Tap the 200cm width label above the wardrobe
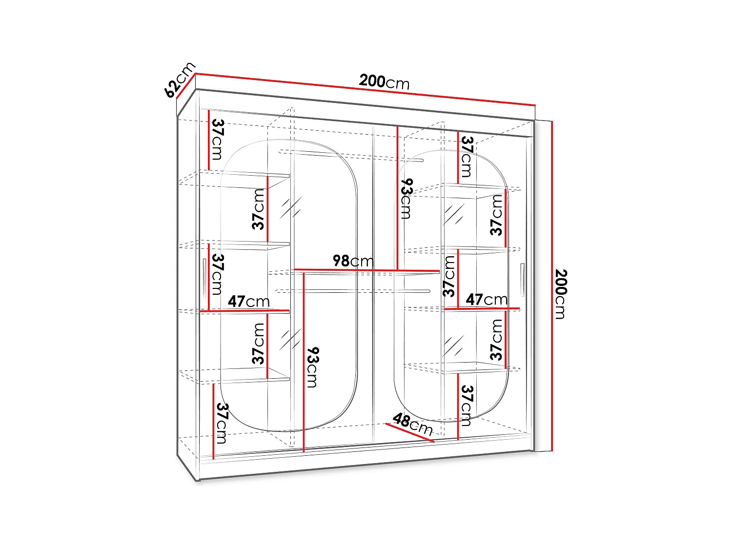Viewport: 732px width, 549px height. tap(384, 81)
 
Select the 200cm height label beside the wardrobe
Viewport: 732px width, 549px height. tap(561, 294)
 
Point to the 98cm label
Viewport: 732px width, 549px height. tap(353, 261)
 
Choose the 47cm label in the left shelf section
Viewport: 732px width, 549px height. tap(248, 302)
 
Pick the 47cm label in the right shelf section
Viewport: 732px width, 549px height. tap(487, 299)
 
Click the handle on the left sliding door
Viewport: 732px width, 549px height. tap(204, 278)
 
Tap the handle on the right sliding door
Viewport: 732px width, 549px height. tap(522, 280)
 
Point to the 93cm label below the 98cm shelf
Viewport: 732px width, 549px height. tap(312, 367)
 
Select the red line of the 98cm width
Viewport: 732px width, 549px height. tap(366, 270)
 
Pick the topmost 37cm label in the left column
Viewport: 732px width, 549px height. tap(217, 140)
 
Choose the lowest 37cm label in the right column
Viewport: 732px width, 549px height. tap(467, 405)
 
